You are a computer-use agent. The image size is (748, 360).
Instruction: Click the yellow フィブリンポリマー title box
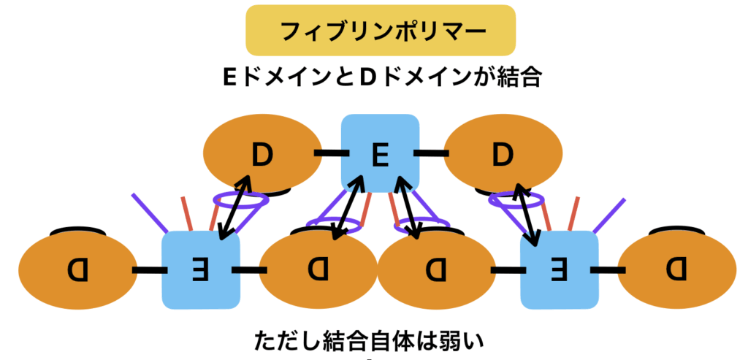(x=381, y=31)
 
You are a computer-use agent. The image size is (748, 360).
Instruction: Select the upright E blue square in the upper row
(x=380, y=154)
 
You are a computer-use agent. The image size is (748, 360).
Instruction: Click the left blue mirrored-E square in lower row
(x=200, y=269)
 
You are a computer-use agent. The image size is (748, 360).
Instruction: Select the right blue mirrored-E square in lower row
(x=558, y=269)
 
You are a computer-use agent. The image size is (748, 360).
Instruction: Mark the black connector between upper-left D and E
(x=329, y=154)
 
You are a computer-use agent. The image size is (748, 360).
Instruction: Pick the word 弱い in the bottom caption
(x=465, y=341)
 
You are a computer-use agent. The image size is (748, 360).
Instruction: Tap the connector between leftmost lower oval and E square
(x=146, y=269)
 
